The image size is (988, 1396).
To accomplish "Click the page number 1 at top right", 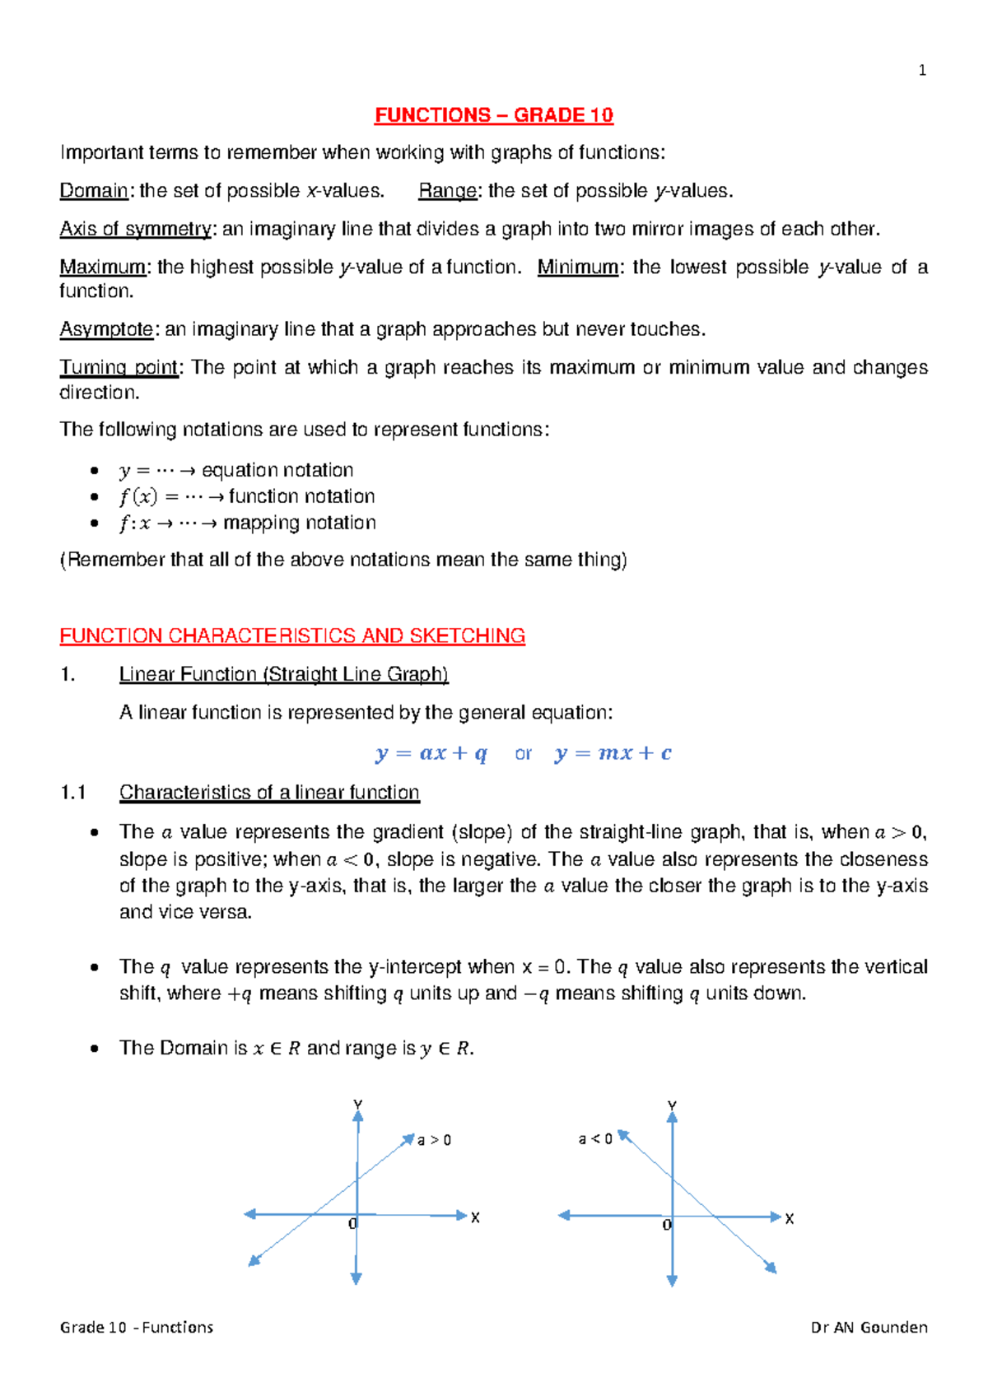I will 922,71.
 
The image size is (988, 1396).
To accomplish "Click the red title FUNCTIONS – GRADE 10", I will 494,115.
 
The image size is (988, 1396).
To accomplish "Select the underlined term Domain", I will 94,191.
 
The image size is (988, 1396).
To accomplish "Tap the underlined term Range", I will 447,191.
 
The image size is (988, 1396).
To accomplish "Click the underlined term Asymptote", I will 106,329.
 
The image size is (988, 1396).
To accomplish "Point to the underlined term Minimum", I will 577,268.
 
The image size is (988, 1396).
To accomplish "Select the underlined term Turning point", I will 119,367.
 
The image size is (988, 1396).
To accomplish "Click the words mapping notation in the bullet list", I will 299,523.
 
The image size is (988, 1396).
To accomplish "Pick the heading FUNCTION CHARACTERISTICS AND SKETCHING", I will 292,636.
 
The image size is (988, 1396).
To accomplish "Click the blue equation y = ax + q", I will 431,753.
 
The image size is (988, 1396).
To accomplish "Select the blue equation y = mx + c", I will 613,753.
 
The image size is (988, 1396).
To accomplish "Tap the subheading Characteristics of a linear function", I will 269,793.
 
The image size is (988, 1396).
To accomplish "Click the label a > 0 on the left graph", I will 434,1140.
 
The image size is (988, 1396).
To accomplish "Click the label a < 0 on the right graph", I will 594,1139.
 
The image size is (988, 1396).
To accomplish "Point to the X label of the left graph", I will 475,1217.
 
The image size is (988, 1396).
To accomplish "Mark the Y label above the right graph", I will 672,1105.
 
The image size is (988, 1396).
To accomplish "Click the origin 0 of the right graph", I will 667,1226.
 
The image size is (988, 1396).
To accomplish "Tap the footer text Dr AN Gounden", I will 869,1327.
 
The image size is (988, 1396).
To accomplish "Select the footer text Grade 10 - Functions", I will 137,1327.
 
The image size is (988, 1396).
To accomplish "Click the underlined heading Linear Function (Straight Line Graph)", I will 283,674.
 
